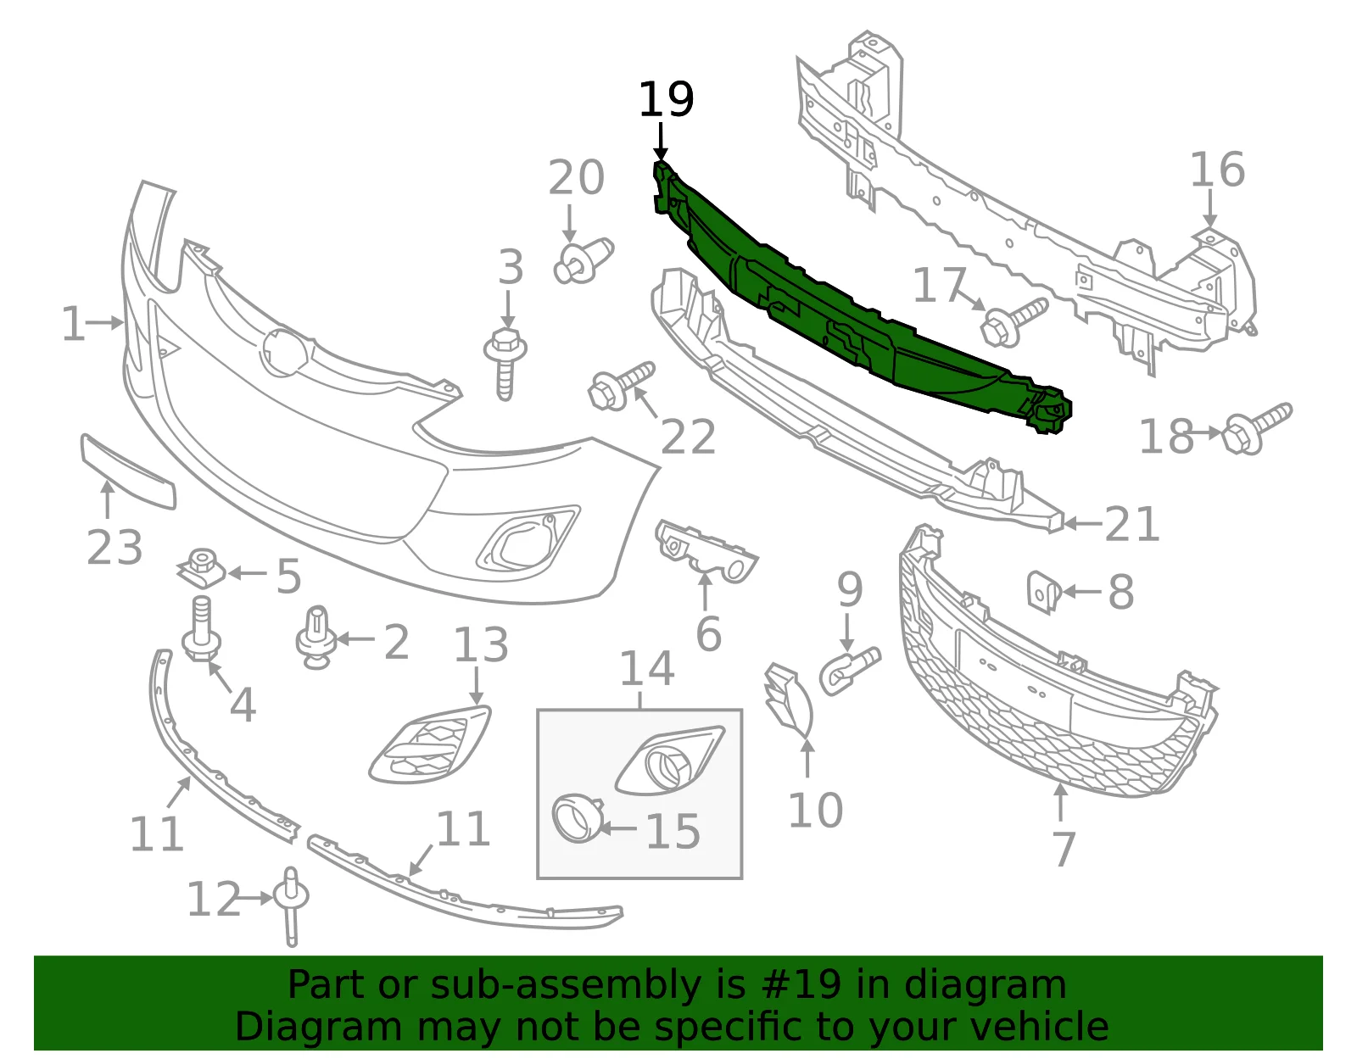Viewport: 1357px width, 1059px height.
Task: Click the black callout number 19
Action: click(x=666, y=100)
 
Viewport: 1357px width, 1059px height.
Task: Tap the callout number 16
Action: click(x=1217, y=170)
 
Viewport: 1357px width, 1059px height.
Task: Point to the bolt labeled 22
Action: click(x=621, y=387)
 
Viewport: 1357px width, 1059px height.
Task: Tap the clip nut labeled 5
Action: click(x=202, y=569)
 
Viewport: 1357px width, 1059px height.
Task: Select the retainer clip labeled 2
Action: click(x=316, y=638)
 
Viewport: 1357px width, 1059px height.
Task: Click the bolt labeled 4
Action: click(x=201, y=628)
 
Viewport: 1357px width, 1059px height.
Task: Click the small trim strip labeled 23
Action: click(x=127, y=471)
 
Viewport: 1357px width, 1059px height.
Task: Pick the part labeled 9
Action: click(x=849, y=670)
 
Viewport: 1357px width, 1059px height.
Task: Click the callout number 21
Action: click(x=1131, y=525)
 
